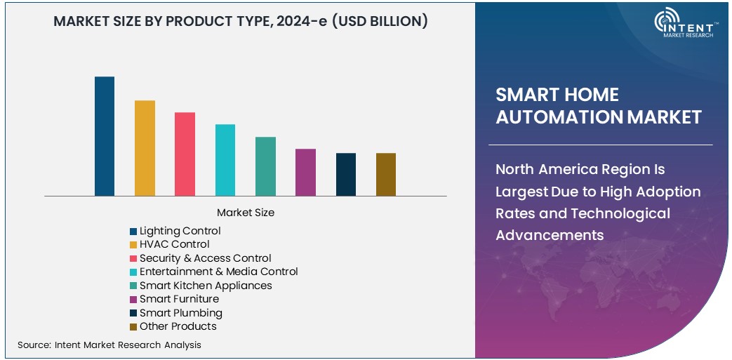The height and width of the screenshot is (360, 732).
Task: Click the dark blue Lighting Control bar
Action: [x=105, y=136]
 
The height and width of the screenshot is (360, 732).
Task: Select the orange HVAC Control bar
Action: [x=145, y=148]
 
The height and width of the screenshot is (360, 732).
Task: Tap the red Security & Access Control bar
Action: [x=185, y=154]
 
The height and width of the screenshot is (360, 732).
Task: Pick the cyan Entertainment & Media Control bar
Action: [x=225, y=160]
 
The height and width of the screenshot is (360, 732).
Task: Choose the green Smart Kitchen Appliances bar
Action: [x=265, y=166]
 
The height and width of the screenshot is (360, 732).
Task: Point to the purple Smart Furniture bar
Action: [x=305, y=172]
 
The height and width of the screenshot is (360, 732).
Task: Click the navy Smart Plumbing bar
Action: [x=345, y=174]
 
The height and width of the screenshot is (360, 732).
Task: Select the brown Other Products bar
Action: [x=386, y=174]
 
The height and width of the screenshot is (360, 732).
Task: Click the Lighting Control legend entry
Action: [x=180, y=231]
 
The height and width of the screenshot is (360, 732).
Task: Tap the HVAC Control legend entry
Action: [x=174, y=244]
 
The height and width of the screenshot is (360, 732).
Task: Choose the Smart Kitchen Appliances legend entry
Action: [x=206, y=286]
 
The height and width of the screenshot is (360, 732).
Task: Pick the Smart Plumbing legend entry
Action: [x=180, y=313]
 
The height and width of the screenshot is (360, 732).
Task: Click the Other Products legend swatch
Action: [x=133, y=327]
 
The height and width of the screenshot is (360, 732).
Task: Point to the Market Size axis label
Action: [x=246, y=212]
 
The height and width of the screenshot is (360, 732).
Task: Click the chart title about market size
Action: [x=241, y=21]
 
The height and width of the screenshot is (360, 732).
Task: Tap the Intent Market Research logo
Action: [x=684, y=25]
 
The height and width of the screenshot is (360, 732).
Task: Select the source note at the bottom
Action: [x=109, y=345]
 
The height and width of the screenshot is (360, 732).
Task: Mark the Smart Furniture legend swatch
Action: [x=133, y=300]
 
